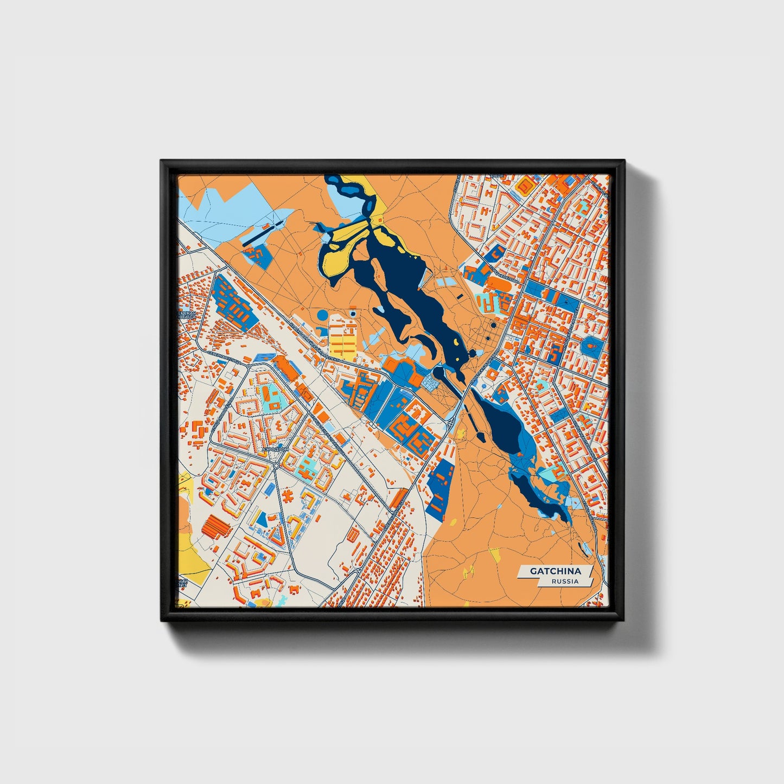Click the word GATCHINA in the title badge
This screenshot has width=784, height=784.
click(555, 571)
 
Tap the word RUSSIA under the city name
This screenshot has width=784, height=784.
click(565, 581)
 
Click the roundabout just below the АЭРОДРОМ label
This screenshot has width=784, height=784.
click(276, 466)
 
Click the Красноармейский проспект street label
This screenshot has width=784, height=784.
click(314, 342)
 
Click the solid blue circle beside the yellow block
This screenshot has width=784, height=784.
click(322, 315)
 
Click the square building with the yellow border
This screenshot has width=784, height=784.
click(525, 186)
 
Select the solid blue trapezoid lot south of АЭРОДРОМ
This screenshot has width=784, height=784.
click(262, 520)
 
